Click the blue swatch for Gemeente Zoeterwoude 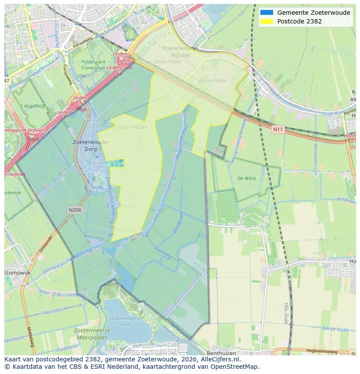[266, 13]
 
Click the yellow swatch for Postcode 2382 [266, 21]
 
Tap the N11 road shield [277, 129]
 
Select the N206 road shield [74, 210]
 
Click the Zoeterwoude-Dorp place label [91, 145]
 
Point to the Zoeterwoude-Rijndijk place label [180, 51]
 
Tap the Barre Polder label [213, 81]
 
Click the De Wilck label [246, 179]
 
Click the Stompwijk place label [18, 272]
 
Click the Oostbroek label [178, 222]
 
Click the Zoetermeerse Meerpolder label [92, 334]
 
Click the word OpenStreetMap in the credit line [234, 367]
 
